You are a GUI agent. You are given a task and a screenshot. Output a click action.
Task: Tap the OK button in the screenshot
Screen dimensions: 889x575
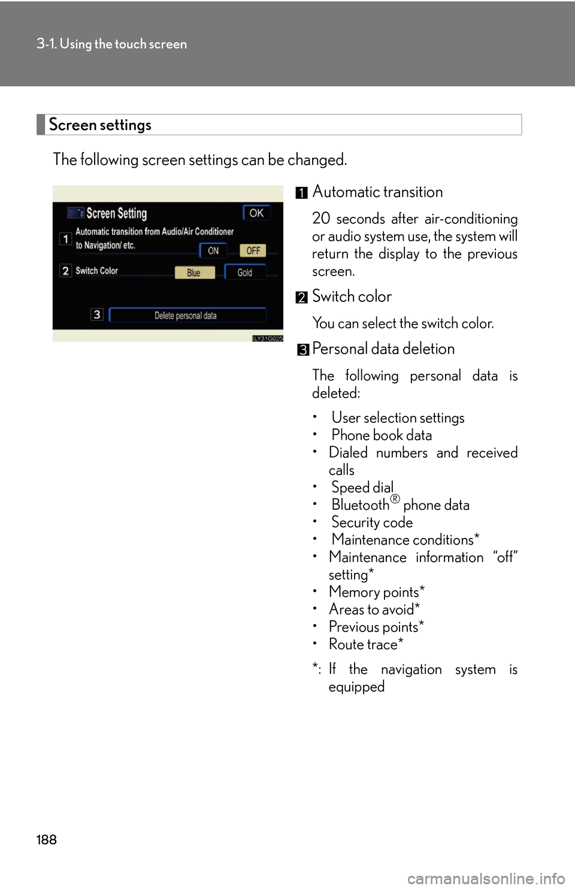pyautogui.click(x=256, y=213)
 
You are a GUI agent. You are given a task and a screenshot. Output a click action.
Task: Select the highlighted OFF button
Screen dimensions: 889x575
pyautogui.click(x=253, y=250)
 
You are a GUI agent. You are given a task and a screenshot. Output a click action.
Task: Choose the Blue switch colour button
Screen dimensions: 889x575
pyautogui.click(x=194, y=273)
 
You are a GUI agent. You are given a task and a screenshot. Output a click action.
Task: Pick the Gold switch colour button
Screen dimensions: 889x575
pyautogui.click(x=244, y=273)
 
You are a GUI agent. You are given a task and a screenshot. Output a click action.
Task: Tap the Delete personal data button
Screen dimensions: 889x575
pyautogui.click(x=187, y=315)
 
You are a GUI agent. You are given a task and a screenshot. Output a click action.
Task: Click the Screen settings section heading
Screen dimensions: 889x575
pyautogui.click(x=101, y=125)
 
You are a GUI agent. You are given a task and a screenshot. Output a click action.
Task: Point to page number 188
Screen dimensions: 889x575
pyautogui.click(x=46, y=839)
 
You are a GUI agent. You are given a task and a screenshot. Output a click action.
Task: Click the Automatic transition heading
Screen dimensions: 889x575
pyautogui.click(x=377, y=192)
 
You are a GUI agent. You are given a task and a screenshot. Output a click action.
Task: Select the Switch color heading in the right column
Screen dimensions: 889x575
pyautogui.click(x=352, y=297)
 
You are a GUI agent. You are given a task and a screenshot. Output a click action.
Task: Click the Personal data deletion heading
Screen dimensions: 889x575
pyautogui.click(x=383, y=349)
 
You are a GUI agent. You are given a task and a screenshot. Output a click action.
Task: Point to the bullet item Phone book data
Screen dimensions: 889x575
pyautogui.click(x=382, y=435)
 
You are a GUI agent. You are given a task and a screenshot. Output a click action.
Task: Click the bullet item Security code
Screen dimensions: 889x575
pyautogui.click(x=372, y=522)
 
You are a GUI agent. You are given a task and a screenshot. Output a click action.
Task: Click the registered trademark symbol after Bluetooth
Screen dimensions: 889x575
pyautogui.click(x=395, y=499)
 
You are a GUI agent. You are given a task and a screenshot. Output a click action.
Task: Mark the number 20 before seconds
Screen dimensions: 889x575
pyautogui.click(x=321, y=219)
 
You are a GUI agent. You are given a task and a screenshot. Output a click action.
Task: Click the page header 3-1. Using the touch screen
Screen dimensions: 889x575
pyautogui.click(x=111, y=44)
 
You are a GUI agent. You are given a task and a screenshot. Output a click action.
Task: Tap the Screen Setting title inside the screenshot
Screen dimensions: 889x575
pyautogui.click(x=116, y=213)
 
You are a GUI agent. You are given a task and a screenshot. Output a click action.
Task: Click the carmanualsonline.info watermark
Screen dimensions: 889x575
pyautogui.click(x=486, y=879)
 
